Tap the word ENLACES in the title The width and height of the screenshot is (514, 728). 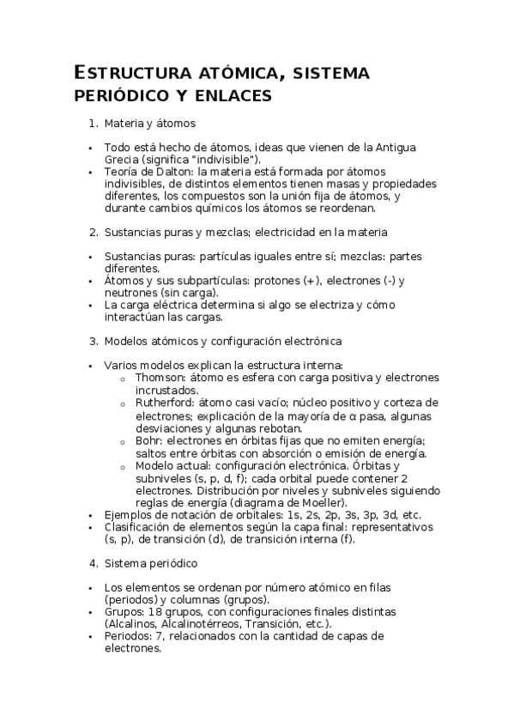pos(230,94)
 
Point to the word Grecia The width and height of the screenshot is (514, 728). pos(123,160)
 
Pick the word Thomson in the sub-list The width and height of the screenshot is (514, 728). pos(158,378)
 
